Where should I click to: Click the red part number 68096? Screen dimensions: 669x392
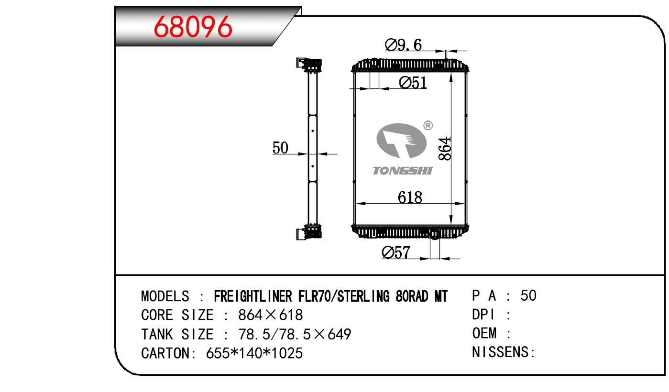193,27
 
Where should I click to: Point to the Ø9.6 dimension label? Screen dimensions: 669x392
403,45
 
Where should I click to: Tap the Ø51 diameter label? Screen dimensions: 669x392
413,83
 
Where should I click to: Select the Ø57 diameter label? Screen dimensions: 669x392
396,252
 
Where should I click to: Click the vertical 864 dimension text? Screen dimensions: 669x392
445,149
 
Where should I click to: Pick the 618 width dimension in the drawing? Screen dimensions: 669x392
410,197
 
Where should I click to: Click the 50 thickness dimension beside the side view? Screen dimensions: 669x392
280,148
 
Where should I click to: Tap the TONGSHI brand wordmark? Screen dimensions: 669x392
403,171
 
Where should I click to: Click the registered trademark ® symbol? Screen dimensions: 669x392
428,125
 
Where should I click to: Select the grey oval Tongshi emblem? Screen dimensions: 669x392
401,141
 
